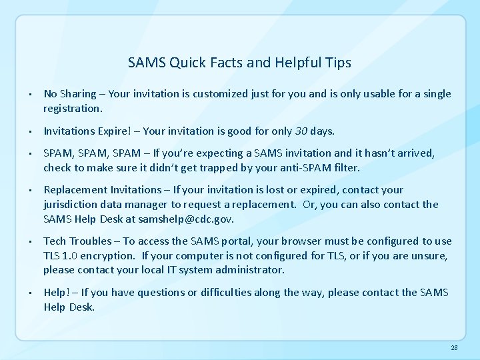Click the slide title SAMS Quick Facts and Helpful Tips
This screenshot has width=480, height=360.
239,63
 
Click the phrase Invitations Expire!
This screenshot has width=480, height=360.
91,130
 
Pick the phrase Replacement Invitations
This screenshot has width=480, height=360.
102,190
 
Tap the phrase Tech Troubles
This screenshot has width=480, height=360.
76,241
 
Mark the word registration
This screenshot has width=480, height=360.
73,107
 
